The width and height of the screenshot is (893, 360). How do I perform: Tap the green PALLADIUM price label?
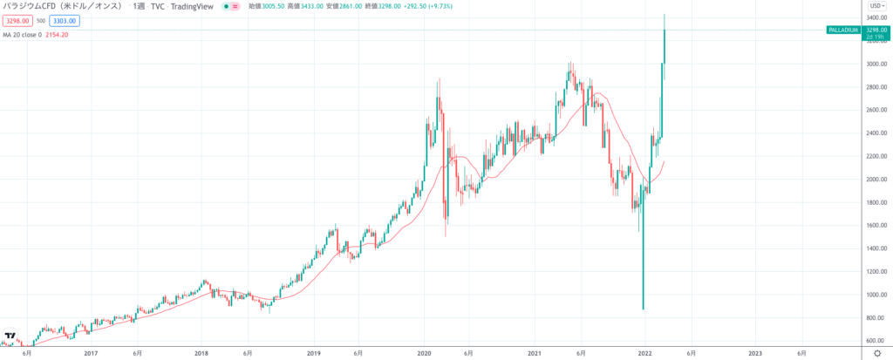(843, 30)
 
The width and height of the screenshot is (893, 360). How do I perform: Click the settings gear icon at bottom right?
(877, 353)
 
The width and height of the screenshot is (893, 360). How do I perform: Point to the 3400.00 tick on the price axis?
(876, 18)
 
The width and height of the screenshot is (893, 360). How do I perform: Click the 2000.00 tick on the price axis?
(876, 180)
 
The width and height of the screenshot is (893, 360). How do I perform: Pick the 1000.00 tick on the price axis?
(876, 295)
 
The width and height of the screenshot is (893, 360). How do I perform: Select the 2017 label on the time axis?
(91, 353)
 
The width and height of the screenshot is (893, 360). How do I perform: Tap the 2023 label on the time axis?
(755, 353)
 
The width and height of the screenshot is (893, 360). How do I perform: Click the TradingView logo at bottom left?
(11, 336)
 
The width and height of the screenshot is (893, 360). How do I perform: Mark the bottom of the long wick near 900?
(644, 309)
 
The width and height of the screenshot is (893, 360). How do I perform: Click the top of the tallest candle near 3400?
(665, 15)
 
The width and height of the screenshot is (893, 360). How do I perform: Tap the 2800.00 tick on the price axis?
(876, 87)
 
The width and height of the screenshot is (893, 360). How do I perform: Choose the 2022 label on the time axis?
(644, 353)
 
